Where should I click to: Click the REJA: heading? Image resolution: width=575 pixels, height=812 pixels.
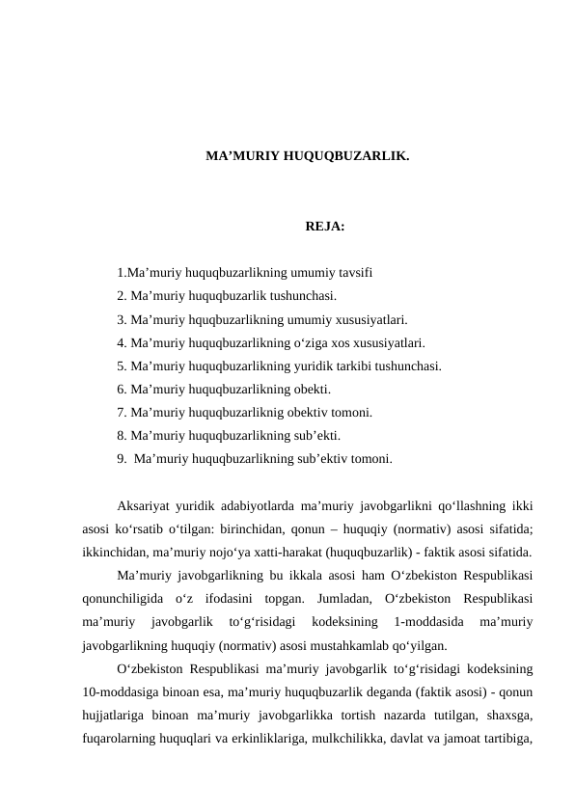tap(325, 228)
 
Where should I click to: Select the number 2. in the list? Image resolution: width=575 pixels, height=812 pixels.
tap(122, 296)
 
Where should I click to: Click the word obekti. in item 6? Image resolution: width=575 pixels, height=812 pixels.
tap(312, 390)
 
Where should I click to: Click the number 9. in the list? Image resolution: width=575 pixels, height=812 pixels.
tap(122, 459)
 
